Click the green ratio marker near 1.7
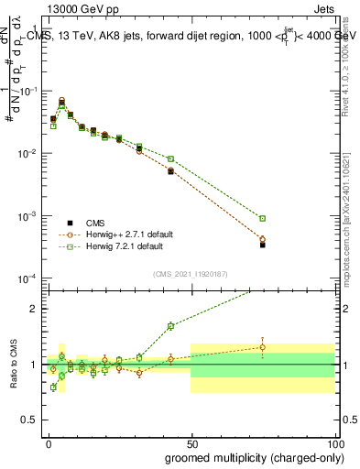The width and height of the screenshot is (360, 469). pyautogui.click(x=170, y=325)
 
